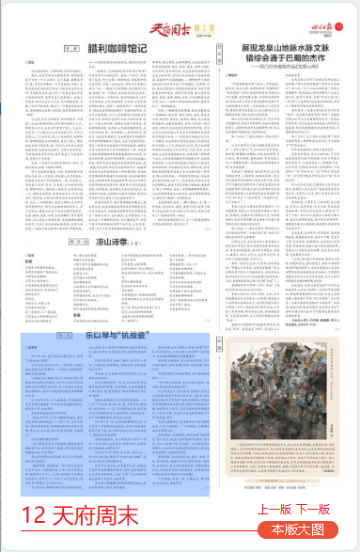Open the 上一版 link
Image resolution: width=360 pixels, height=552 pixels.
[274, 509]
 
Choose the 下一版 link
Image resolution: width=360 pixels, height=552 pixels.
[313, 509]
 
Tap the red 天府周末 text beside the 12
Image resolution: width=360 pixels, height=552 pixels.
[95, 515]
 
